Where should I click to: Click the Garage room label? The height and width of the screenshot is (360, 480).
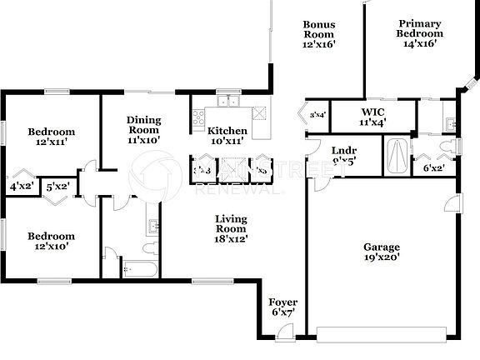click(381, 252)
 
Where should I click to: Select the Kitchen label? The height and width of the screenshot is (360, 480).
click(227, 136)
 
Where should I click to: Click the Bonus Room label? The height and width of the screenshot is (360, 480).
click(318, 35)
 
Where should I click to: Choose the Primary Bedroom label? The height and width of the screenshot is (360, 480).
click(419, 34)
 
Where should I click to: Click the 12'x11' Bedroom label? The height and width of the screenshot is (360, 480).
click(51, 137)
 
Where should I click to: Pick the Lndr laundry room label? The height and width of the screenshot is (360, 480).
click(321, 157)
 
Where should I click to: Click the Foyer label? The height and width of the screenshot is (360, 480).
click(283, 307)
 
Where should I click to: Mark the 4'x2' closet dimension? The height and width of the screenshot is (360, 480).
click(21, 187)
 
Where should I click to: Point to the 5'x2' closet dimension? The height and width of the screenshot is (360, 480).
click(57, 187)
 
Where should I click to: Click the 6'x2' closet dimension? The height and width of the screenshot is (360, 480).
click(433, 167)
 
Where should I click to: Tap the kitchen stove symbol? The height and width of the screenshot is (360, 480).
click(198, 117)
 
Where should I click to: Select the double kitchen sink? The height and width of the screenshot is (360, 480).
click(227, 103)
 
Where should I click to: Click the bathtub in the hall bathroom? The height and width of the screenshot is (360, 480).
click(142, 268)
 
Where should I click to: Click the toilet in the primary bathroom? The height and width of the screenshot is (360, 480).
click(451, 147)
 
